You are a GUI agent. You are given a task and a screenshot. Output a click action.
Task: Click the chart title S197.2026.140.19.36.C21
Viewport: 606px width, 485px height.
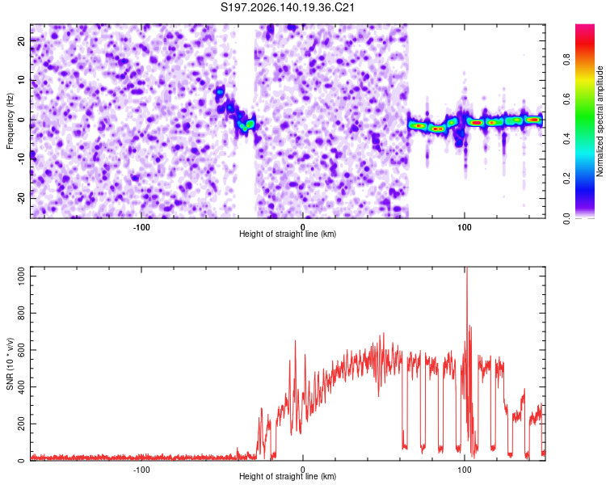(287, 7)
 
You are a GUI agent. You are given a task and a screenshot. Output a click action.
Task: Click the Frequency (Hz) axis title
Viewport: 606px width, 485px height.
(10, 121)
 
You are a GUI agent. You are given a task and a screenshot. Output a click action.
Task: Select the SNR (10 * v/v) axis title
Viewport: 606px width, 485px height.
(10, 364)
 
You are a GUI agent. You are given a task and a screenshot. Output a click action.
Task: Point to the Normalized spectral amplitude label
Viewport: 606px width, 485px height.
(600, 121)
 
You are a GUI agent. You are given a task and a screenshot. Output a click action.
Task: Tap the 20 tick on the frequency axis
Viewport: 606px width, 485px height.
(21, 41)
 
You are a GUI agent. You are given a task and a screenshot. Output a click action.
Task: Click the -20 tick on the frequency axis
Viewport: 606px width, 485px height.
(21, 198)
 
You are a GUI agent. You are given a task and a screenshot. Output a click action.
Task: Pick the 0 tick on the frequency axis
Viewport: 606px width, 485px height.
(21, 120)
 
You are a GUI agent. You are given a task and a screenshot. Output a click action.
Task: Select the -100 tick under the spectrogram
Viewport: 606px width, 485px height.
(141, 227)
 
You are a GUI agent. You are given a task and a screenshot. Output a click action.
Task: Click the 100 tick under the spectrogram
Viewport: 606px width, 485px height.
(464, 227)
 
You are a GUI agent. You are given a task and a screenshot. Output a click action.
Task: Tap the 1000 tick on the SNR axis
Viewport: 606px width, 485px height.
(21, 276)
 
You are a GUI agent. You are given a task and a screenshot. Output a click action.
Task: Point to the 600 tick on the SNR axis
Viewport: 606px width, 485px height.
(21, 350)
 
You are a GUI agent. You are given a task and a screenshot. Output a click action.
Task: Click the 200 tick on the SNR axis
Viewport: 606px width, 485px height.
(21, 424)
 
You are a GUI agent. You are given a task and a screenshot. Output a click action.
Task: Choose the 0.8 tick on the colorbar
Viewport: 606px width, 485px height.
(566, 60)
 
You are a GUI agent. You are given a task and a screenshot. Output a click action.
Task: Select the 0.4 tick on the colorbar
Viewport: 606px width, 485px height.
(566, 139)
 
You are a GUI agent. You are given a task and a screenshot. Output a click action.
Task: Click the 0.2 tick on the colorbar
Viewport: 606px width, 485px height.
(566, 179)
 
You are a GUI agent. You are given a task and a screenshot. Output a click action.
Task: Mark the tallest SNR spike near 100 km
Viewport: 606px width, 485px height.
(467, 268)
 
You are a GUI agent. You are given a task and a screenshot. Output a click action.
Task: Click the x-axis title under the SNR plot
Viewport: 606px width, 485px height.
(288, 476)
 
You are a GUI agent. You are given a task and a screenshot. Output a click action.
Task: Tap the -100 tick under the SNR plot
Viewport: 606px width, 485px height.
(141, 470)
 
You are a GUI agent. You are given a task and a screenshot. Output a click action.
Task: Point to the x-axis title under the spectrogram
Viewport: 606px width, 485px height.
(288, 234)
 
